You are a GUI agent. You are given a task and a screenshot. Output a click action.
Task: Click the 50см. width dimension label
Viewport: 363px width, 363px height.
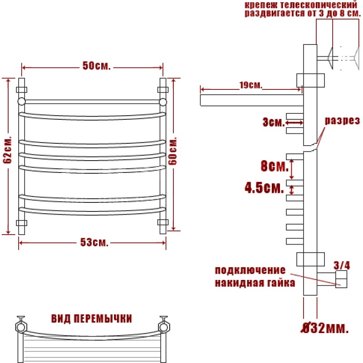point(97,66)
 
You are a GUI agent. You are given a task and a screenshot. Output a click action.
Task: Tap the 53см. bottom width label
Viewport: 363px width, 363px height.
point(94,242)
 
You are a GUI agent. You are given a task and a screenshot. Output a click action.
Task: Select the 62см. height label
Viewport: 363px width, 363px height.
point(7,150)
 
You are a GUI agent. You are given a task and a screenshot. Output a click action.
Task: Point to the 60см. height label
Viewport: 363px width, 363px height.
point(173,151)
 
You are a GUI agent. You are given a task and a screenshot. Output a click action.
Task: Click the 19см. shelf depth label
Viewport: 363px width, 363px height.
point(251,85)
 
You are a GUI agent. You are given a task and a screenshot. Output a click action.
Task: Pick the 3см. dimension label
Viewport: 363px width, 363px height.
point(274,122)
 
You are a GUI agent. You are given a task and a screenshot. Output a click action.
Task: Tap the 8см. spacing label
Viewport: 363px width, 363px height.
point(275,166)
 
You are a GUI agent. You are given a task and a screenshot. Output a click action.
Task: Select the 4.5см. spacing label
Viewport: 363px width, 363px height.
point(264,187)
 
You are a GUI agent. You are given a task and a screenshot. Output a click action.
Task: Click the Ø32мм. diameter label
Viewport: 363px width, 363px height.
point(324,328)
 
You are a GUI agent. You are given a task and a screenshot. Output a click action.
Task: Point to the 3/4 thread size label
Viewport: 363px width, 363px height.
point(342,265)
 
